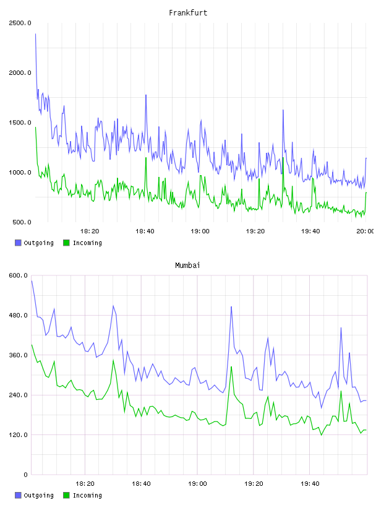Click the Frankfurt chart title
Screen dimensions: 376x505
point(188,12)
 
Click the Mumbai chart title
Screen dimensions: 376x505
point(187,265)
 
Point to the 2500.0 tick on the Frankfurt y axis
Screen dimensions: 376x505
point(20,23)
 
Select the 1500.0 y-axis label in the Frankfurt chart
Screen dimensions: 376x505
point(20,123)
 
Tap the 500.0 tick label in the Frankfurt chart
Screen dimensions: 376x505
point(22,222)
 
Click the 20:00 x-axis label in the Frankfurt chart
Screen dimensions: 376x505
point(365,231)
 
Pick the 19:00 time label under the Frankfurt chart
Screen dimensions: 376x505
point(200,231)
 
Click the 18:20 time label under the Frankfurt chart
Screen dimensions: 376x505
point(90,231)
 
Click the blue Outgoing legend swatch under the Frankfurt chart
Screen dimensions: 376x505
point(18,243)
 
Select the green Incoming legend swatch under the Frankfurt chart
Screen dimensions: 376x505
point(66,243)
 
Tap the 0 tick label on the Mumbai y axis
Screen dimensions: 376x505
point(25,475)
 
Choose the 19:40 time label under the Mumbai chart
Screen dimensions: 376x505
point(310,483)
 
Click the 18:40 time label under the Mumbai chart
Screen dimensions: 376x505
point(141,483)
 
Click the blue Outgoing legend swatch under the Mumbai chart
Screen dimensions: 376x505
point(18,495)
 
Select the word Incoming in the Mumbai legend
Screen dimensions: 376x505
point(87,495)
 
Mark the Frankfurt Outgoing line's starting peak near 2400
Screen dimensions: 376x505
point(35,34)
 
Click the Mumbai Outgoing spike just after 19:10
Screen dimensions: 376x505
point(231,306)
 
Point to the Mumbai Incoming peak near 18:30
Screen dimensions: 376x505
point(113,360)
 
